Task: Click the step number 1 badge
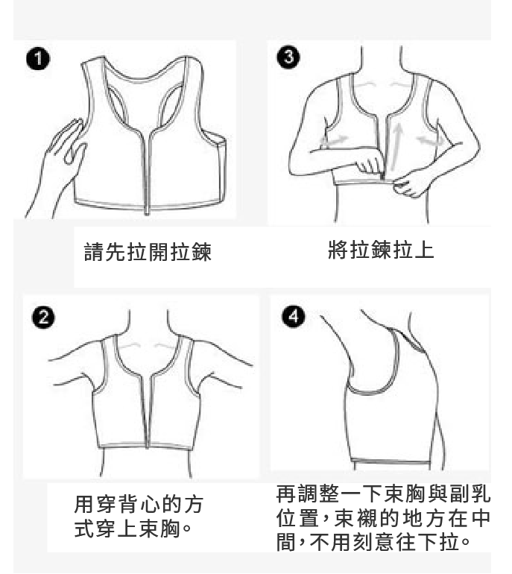point(38,60)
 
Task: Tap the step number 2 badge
point(43,318)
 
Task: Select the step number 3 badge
point(288,57)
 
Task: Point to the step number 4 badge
point(294,316)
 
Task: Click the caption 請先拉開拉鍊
point(148,252)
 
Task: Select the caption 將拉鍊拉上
point(381,250)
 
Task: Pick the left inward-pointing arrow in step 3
point(334,140)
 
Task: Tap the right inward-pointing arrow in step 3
point(430,140)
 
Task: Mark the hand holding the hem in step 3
point(411,185)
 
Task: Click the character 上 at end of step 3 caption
point(425,250)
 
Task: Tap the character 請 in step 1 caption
point(94,252)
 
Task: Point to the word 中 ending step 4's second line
point(480,517)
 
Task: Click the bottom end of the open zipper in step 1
point(147,212)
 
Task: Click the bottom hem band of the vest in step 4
point(391,461)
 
